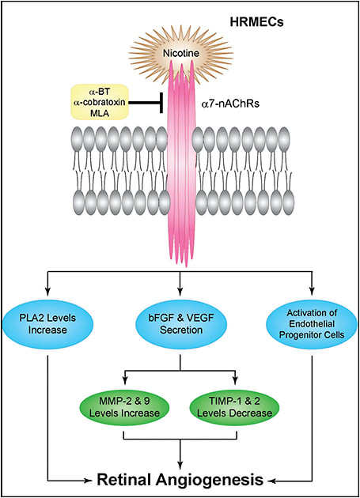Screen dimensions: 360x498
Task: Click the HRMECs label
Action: tap(256, 23)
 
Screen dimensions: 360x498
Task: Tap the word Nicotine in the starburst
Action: tap(181, 53)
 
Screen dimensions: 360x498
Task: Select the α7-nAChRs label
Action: tap(231, 104)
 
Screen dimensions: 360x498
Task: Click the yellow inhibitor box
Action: tap(99, 102)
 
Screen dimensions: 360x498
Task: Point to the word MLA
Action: tap(99, 113)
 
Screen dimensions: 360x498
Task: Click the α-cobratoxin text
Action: tap(99, 102)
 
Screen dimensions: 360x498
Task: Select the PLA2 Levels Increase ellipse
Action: tap(47, 324)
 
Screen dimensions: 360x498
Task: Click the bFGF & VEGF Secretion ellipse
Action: tap(181, 324)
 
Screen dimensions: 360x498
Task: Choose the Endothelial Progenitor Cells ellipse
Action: tap(312, 324)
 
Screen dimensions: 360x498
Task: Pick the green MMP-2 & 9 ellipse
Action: tap(124, 407)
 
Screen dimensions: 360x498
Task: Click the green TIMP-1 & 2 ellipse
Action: tap(235, 407)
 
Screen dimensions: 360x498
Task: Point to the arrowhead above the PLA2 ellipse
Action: tap(47, 291)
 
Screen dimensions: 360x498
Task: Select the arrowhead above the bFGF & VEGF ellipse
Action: tap(180, 291)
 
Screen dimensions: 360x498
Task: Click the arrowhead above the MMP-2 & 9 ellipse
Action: tap(125, 380)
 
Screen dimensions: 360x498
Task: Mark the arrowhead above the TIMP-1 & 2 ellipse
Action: tap(236, 380)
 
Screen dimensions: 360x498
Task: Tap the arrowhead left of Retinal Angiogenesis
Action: tap(88, 481)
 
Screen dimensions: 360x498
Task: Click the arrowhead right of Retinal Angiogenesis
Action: tap(271, 481)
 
